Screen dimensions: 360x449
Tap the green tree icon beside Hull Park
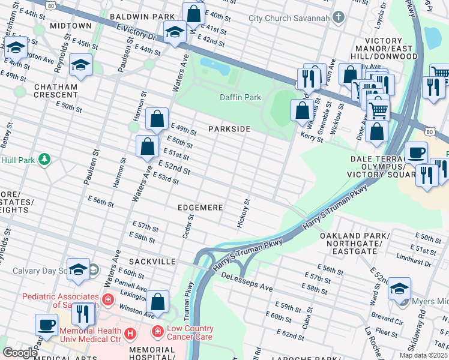[x=43, y=160]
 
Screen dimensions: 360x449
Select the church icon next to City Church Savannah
[x=339, y=18]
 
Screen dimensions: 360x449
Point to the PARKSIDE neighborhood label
[x=229, y=129]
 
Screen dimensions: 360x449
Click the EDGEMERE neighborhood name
[x=200, y=208]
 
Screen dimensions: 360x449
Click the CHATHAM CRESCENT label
[x=56, y=91]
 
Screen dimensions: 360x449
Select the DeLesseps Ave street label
[x=247, y=281]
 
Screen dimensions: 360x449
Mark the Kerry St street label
[x=312, y=138]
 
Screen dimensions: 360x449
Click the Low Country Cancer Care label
[x=190, y=332]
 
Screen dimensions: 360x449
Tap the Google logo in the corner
[x=20, y=353]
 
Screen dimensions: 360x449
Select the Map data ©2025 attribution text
[x=423, y=355]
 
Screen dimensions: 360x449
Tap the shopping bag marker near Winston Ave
[x=157, y=302]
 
